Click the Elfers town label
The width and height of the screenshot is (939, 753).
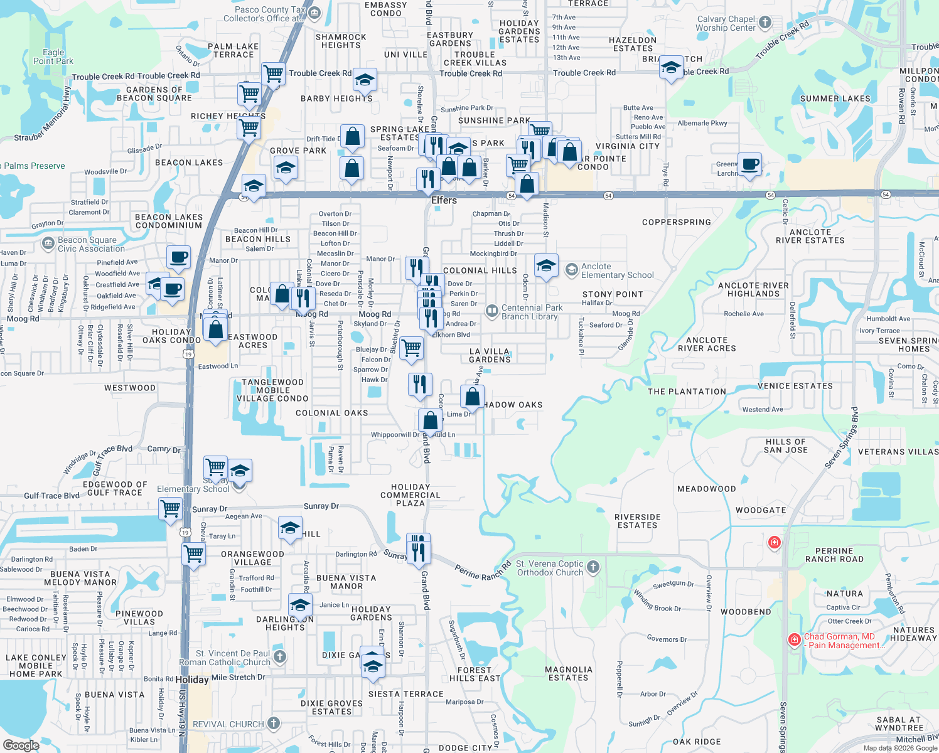[444, 200]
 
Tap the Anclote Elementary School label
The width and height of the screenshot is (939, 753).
[617, 271]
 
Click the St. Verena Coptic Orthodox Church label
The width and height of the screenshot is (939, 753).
[550, 568]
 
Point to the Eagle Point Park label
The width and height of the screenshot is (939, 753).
[53, 57]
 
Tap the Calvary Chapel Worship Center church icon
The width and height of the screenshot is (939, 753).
[765, 23]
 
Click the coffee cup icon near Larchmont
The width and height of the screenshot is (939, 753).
[749, 165]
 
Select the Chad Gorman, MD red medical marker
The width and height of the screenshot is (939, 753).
[795, 639]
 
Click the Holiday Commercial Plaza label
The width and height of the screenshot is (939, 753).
[410, 495]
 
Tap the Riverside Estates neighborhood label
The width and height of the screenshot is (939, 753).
[638, 521]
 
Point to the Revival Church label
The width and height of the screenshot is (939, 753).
[228, 724]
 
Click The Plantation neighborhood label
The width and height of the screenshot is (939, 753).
[687, 392]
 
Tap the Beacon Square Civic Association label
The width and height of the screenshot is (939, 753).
[87, 244]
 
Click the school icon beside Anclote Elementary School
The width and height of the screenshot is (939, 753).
[546, 266]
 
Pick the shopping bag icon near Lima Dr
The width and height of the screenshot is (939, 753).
[472, 397]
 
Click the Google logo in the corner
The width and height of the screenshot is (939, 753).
[21, 745]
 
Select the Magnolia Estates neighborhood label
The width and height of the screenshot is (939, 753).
[569, 674]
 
